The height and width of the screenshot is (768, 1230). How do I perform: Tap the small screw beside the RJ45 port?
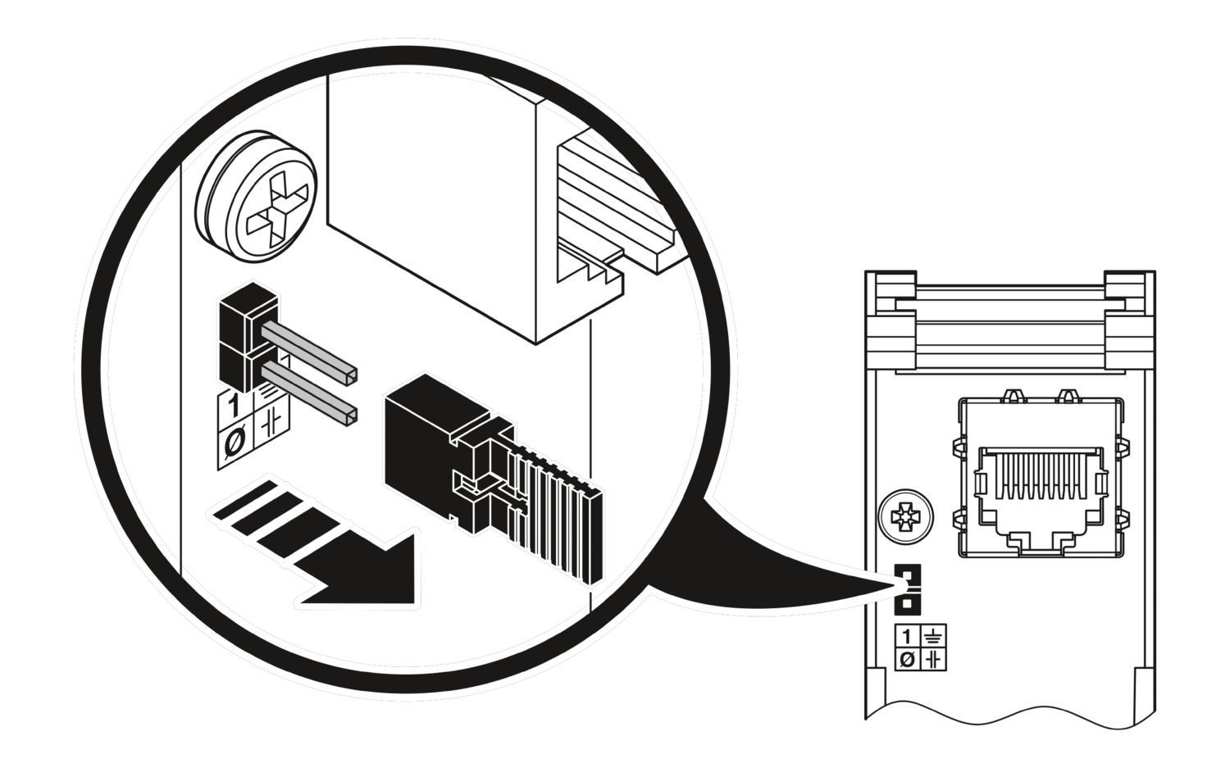(x=905, y=517)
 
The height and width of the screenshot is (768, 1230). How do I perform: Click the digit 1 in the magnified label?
(x=235, y=406)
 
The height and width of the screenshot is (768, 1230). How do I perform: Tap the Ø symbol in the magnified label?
(x=234, y=443)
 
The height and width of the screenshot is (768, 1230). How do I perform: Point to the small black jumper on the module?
(x=907, y=588)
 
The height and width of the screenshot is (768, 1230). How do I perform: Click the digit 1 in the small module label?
(x=907, y=636)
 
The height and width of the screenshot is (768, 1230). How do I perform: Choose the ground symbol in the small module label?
(x=933, y=636)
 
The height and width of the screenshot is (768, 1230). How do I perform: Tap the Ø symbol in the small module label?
(x=907, y=658)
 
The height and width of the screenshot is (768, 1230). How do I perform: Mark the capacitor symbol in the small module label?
(x=933, y=658)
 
